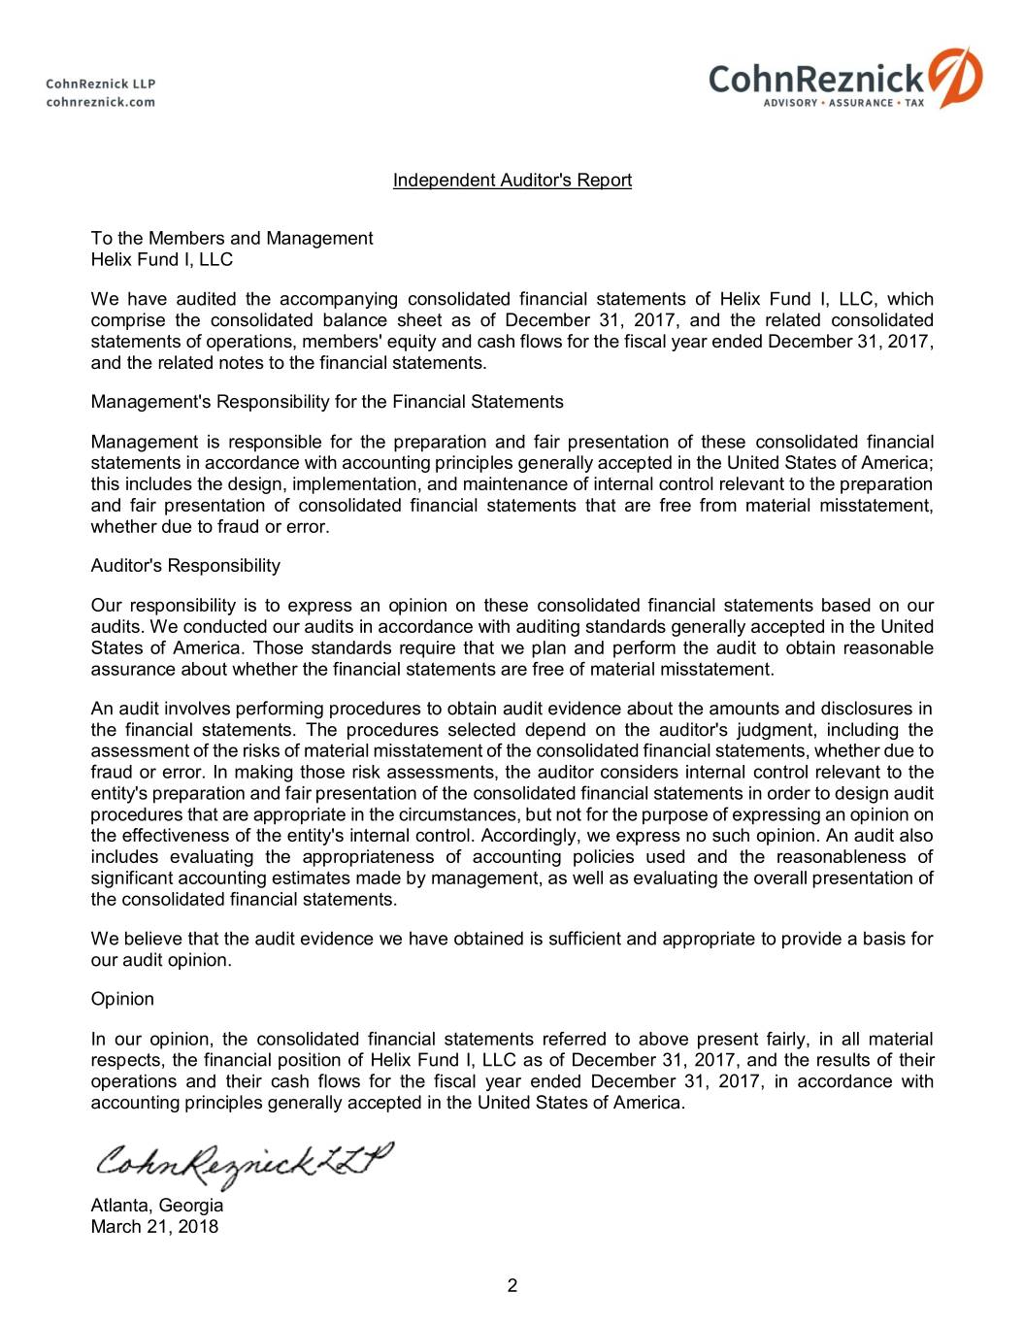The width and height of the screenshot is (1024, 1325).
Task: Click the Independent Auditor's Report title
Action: pyautogui.click(x=512, y=181)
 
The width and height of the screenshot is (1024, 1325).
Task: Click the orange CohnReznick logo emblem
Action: pyautogui.click(x=955, y=77)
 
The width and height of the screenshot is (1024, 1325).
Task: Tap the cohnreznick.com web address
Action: pyautogui.click(x=101, y=102)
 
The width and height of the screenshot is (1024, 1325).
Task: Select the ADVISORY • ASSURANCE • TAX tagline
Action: pyautogui.click(x=843, y=103)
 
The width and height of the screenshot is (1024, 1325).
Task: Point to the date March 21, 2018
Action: pyautogui.click(x=154, y=1227)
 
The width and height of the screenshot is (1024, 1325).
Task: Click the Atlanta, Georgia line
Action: pyautogui.click(x=157, y=1206)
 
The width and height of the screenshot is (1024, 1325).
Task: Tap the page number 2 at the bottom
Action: pyautogui.click(x=512, y=1287)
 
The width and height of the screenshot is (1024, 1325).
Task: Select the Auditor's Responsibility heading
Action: pyautogui.click(x=185, y=566)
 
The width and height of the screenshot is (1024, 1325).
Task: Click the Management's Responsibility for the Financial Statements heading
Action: pyautogui.click(x=327, y=402)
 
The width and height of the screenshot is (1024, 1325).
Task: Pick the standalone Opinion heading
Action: pyautogui.click(x=122, y=1000)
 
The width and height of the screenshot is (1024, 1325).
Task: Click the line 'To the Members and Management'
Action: pyautogui.click(x=232, y=239)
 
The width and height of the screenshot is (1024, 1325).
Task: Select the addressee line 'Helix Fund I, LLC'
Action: pyautogui.click(x=162, y=260)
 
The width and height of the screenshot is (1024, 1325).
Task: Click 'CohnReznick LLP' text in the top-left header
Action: pyautogui.click(x=101, y=83)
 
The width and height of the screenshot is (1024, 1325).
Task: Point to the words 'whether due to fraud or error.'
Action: pyautogui.click(x=211, y=527)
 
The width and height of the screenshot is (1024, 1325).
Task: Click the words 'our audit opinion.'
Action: pyautogui.click(x=161, y=961)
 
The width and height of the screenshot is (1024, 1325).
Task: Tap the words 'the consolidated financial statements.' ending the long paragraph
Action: pyautogui.click(x=244, y=900)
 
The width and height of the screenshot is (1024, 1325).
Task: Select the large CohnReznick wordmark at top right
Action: pyautogui.click(x=816, y=78)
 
